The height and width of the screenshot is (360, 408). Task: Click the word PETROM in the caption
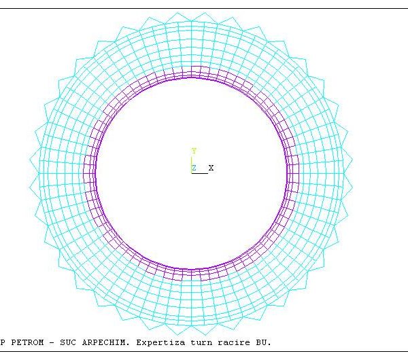27,342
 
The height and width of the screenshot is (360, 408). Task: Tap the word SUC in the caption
68,342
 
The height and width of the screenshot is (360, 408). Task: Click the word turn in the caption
201,342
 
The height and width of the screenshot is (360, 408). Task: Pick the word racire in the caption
234,342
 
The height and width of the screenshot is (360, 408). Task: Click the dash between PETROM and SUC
52,342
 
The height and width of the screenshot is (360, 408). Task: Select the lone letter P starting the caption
3,342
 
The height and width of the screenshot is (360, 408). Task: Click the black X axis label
211,168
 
